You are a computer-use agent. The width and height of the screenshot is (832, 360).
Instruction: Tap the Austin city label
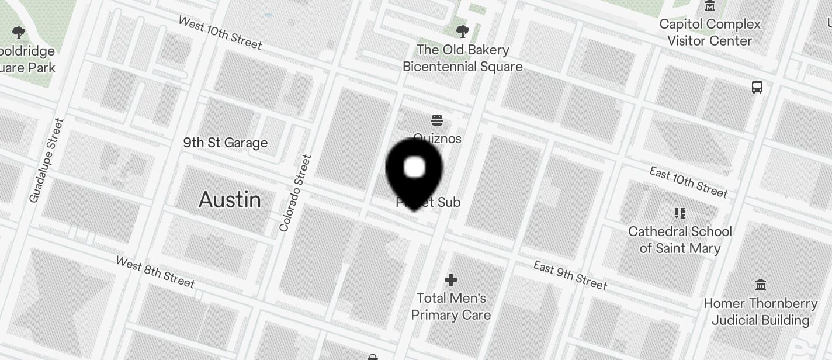pyautogui.click(x=230, y=200)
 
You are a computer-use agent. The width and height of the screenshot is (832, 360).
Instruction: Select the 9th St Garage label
pyautogui.click(x=225, y=143)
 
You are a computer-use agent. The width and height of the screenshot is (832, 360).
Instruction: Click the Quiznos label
pyautogui.click(x=437, y=139)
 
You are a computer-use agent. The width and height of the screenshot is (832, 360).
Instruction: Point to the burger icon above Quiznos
pyautogui.click(x=437, y=121)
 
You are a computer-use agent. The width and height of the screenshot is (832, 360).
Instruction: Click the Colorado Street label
pyautogui.click(x=296, y=193)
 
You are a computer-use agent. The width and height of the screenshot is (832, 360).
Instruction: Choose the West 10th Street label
pyautogui.click(x=220, y=32)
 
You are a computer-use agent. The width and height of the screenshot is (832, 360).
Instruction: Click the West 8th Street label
pyautogui.click(x=155, y=272)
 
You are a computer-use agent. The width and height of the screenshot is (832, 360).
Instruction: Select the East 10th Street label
pyautogui.click(x=688, y=182)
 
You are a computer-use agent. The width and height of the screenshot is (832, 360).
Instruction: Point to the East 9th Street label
pyautogui.click(x=570, y=275)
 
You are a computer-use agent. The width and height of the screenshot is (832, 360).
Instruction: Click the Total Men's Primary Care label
pyautogui.click(x=450, y=306)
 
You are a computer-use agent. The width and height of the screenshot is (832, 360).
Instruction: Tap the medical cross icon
pyautogui.click(x=450, y=281)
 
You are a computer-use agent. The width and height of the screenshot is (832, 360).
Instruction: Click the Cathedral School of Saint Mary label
pyautogui.click(x=680, y=240)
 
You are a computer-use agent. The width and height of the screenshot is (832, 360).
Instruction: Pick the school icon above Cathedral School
pyautogui.click(x=680, y=213)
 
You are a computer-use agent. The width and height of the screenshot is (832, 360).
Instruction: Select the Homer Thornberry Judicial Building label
pyautogui.click(x=760, y=311)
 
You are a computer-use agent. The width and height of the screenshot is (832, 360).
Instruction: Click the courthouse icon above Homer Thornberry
pyautogui.click(x=761, y=285)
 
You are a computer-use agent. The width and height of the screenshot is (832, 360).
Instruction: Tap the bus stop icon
pyautogui.click(x=757, y=88)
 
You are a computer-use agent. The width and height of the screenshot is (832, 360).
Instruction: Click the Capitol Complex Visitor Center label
pyautogui.click(x=710, y=32)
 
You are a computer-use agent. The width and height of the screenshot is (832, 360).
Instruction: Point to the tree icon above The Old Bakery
pyautogui.click(x=462, y=31)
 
